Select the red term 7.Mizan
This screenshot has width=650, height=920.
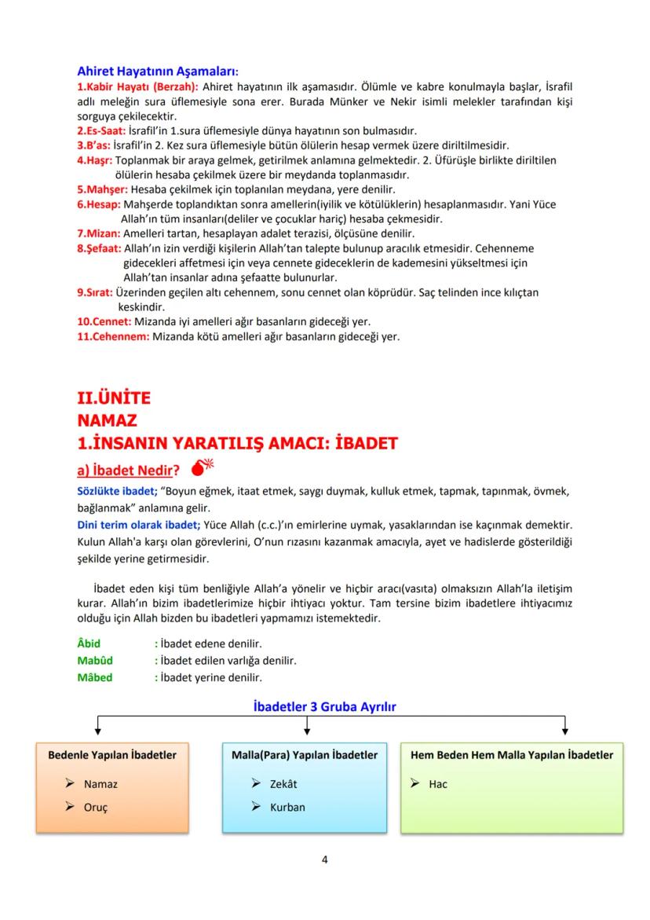click(x=97, y=233)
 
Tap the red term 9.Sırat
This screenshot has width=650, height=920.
click(x=95, y=292)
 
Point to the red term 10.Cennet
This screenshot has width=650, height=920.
click(x=104, y=321)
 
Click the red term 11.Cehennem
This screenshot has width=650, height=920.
click(x=113, y=336)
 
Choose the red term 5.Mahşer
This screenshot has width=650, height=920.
click(x=102, y=189)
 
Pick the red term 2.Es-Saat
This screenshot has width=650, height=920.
click(x=101, y=130)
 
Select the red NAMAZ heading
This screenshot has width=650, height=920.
click(x=106, y=420)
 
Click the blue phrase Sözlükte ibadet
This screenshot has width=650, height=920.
click(x=111, y=492)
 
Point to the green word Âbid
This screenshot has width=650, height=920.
click(x=89, y=644)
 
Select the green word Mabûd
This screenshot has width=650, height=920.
click(x=95, y=661)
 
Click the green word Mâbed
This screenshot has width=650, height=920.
click(x=94, y=677)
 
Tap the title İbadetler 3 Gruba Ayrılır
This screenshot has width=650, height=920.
click(x=325, y=706)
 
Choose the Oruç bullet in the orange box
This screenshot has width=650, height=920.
click(x=96, y=807)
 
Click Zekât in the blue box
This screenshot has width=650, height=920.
click(x=283, y=783)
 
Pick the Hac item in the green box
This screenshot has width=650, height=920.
click(x=438, y=783)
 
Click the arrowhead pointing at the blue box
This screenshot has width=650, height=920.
click(x=305, y=732)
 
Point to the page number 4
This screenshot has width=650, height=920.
click(x=325, y=859)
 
